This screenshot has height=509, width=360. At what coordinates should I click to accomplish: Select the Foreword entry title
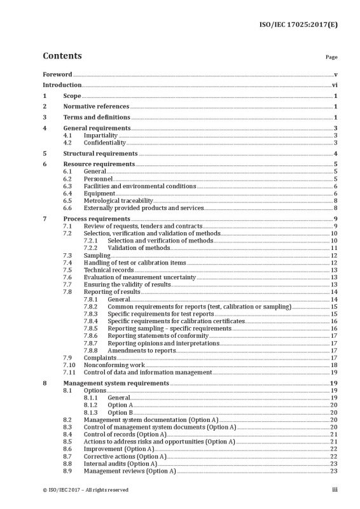point(57,74)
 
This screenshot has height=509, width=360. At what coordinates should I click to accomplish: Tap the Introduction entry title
point(62,85)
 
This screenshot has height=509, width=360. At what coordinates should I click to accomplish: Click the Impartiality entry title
point(100,136)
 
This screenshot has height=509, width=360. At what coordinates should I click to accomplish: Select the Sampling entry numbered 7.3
point(97,254)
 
